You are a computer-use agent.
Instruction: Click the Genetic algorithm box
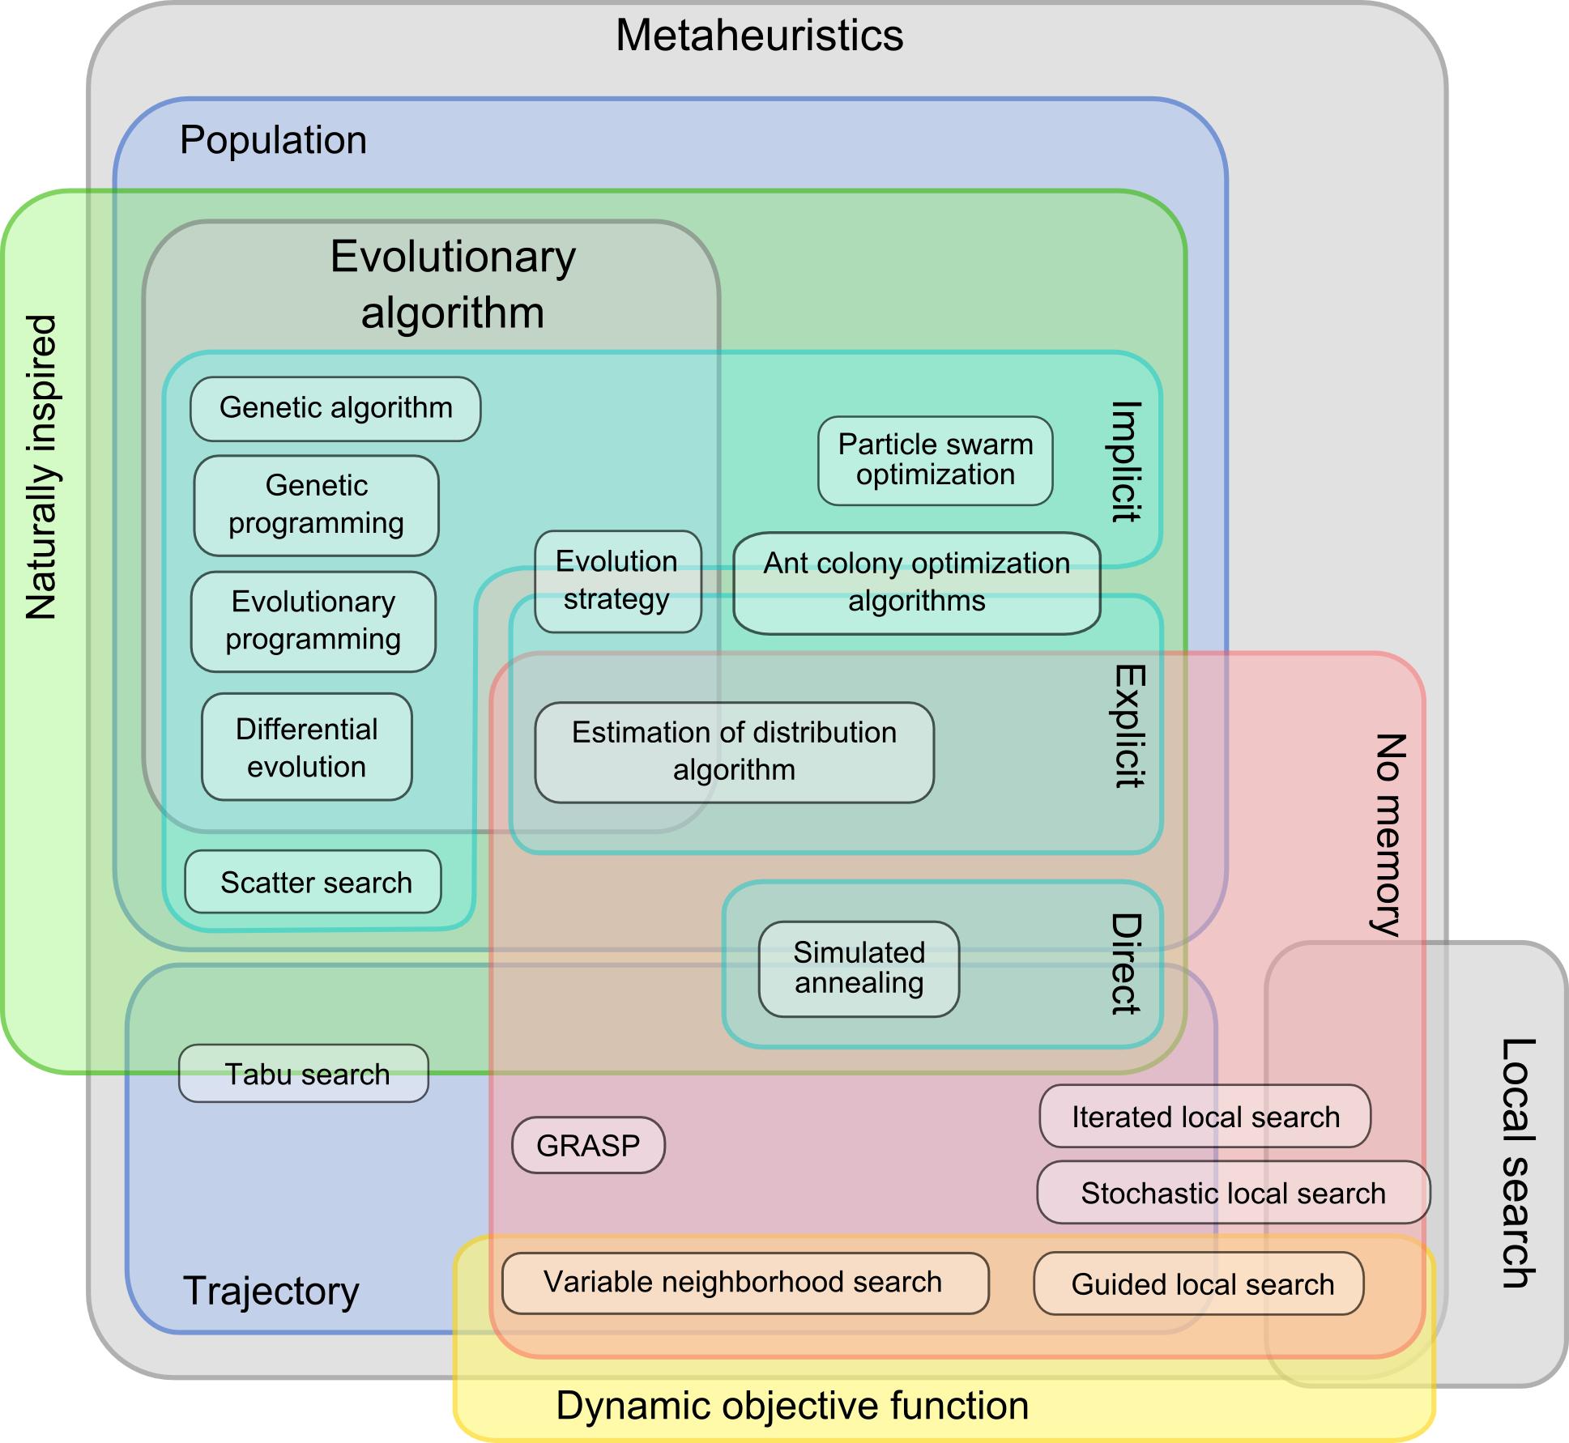(x=335, y=408)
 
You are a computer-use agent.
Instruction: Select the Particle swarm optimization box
(x=935, y=460)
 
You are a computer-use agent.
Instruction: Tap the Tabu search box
(x=304, y=1074)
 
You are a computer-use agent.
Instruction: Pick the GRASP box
(x=588, y=1145)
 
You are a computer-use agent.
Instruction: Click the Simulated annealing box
(x=859, y=968)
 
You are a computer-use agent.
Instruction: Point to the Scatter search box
(x=313, y=882)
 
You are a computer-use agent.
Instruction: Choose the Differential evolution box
(x=306, y=747)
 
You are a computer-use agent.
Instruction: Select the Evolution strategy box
(x=617, y=581)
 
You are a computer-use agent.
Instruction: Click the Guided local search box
(x=1199, y=1283)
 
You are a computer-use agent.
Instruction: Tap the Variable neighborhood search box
(x=744, y=1283)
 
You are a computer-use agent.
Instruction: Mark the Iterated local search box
(x=1204, y=1117)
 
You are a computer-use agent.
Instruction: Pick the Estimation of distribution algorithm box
(x=734, y=751)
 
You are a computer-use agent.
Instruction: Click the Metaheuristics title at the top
(x=759, y=36)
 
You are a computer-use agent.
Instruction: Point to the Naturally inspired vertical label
(x=41, y=468)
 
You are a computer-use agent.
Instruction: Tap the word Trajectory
(x=271, y=1291)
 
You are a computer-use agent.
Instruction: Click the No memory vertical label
(x=1389, y=834)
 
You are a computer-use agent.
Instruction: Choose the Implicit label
(x=1125, y=461)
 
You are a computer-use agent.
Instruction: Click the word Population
(x=273, y=140)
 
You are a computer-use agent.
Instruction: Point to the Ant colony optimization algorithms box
(x=916, y=582)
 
